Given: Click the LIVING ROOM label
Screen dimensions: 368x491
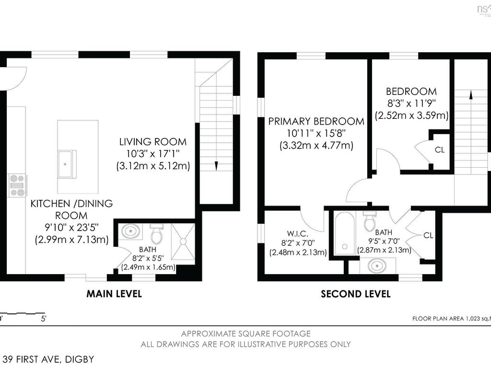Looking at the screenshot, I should (x=153, y=142).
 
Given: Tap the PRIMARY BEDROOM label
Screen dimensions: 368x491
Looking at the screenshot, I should (x=316, y=121).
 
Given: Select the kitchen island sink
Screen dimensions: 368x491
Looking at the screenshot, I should (x=67, y=158).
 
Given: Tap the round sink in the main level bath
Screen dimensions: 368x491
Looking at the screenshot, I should (x=129, y=232).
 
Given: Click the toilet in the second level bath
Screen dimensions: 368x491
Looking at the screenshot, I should (x=369, y=222).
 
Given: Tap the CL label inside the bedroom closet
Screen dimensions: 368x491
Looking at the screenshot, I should (x=440, y=149).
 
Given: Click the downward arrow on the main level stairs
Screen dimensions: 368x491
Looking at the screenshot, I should (x=217, y=166).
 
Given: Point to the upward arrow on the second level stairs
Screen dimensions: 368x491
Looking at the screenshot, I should (x=471, y=95).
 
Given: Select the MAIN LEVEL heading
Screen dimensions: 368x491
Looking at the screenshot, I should (x=114, y=294).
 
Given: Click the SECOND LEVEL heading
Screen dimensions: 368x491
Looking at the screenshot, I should (x=355, y=294).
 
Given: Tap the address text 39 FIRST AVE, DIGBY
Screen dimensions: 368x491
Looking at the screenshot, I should (x=48, y=359).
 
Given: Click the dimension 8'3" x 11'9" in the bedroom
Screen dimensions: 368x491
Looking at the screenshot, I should (x=411, y=103).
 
